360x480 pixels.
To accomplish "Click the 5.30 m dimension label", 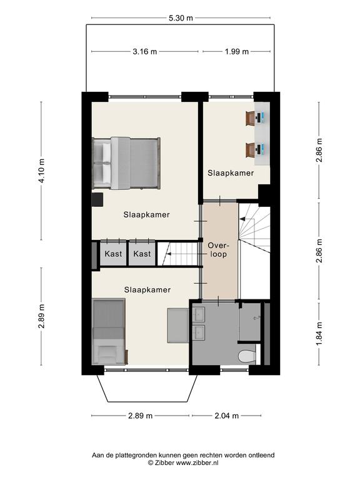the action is [x=181, y=18].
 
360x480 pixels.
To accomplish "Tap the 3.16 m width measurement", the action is [x=144, y=51].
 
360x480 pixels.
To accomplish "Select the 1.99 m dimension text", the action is [x=237, y=51].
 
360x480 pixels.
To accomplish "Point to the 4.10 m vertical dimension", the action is [x=41, y=171].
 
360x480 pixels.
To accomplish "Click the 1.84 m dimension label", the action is [x=319, y=333].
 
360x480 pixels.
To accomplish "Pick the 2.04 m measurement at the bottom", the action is [x=226, y=416].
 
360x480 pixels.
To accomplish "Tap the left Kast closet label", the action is [x=113, y=254].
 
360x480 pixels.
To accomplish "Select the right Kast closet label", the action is [x=142, y=254].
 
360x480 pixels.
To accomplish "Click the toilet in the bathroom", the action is [x=247, y=356].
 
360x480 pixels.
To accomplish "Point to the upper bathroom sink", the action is [x=198, y=314].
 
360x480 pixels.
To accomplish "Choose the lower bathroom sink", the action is [x=198, y=332].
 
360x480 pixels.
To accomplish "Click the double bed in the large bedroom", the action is [x=126, y=163].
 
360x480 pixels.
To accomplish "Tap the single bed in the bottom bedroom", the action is [x=109, y=331].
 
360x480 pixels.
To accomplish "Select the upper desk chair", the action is [x=251, y=118].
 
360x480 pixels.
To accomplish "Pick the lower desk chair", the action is [x=251, y=150].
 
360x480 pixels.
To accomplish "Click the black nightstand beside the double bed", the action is [x=97, y=199].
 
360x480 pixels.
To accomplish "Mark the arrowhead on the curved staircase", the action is [x=242, y=219].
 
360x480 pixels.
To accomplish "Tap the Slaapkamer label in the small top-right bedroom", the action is [x=231, y=173].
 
